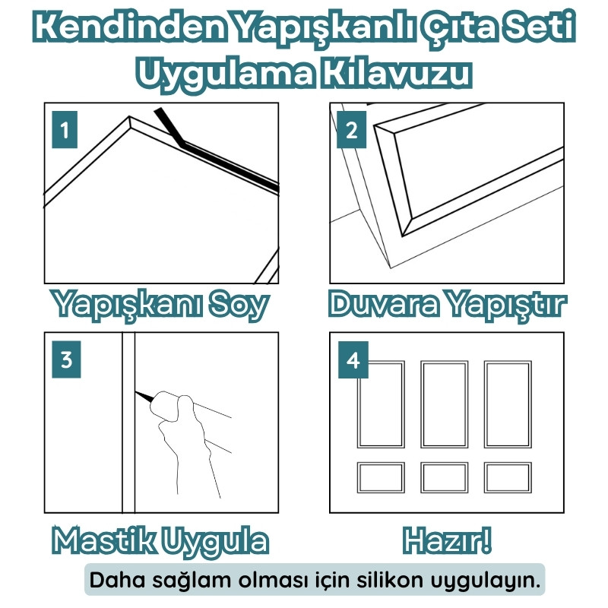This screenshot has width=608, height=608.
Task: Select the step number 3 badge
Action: click(x=65, y=359)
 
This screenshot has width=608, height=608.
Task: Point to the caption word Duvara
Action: click(x=384, y=305)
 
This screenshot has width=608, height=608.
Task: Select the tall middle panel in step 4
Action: click(x=445, y=404)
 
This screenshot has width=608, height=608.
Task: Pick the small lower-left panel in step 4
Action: click(x=381, y=477)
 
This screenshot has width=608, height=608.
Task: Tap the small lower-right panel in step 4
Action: click(x=508, y=477)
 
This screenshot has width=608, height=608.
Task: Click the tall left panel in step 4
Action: click(x=381, y=404)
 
